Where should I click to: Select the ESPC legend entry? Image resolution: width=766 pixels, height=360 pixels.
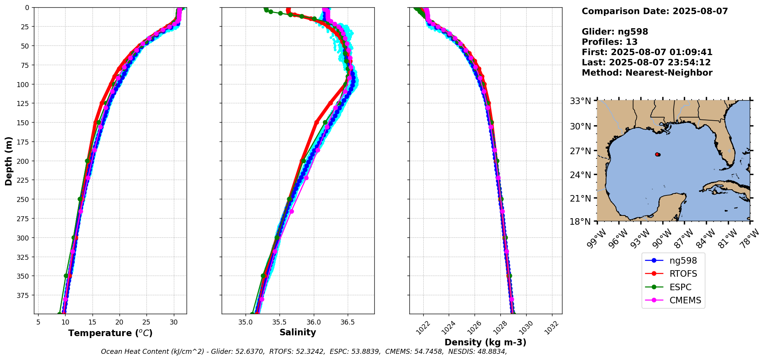tap(680, 287)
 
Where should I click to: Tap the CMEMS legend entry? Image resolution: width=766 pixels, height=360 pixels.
tap(685, 300)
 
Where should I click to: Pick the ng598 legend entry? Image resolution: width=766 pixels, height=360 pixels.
tap(683, 261)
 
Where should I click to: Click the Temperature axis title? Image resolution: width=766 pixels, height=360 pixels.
tap(110, 333)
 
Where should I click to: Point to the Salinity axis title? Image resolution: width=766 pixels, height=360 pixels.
tap(298, 332)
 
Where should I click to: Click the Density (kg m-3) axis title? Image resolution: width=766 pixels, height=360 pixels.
tap(485, 342)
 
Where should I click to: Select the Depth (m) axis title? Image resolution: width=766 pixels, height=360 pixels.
tap(8, 161)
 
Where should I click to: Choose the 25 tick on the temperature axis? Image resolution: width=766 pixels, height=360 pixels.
tap(146, 322)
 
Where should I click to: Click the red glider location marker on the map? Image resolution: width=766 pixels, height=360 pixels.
tap(657, 155)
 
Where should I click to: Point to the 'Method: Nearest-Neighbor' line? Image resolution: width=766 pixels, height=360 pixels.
tap(647, 72)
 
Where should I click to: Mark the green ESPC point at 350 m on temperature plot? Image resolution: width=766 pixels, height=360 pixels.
tap(66, 276)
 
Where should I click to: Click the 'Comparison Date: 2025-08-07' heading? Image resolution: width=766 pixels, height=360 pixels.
tap(655, 11)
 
